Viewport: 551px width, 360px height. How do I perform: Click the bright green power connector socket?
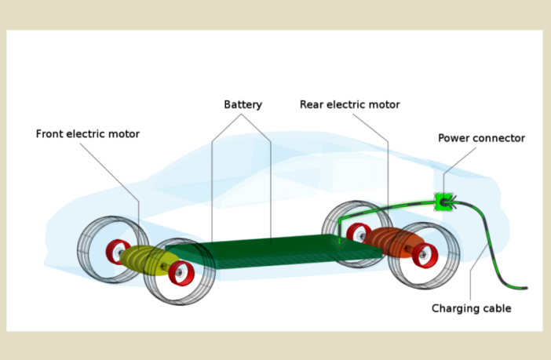(x=444, y=202)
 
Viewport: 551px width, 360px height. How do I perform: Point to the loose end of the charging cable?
(x=524, y=288)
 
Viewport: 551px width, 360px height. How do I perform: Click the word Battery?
(x=243, y=105)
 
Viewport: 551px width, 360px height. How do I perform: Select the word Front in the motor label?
(x=50, y=134)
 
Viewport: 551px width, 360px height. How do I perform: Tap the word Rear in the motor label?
(x=312, y=105)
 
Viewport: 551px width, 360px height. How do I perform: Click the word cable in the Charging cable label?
(x=498, y=309)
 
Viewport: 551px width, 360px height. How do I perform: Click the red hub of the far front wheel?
(x=117, y=251)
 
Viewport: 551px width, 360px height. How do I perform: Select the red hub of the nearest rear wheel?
(x=425, y=255)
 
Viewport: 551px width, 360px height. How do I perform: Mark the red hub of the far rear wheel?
(x=358, y=233)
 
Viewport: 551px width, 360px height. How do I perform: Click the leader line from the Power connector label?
(x=460, y=160)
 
